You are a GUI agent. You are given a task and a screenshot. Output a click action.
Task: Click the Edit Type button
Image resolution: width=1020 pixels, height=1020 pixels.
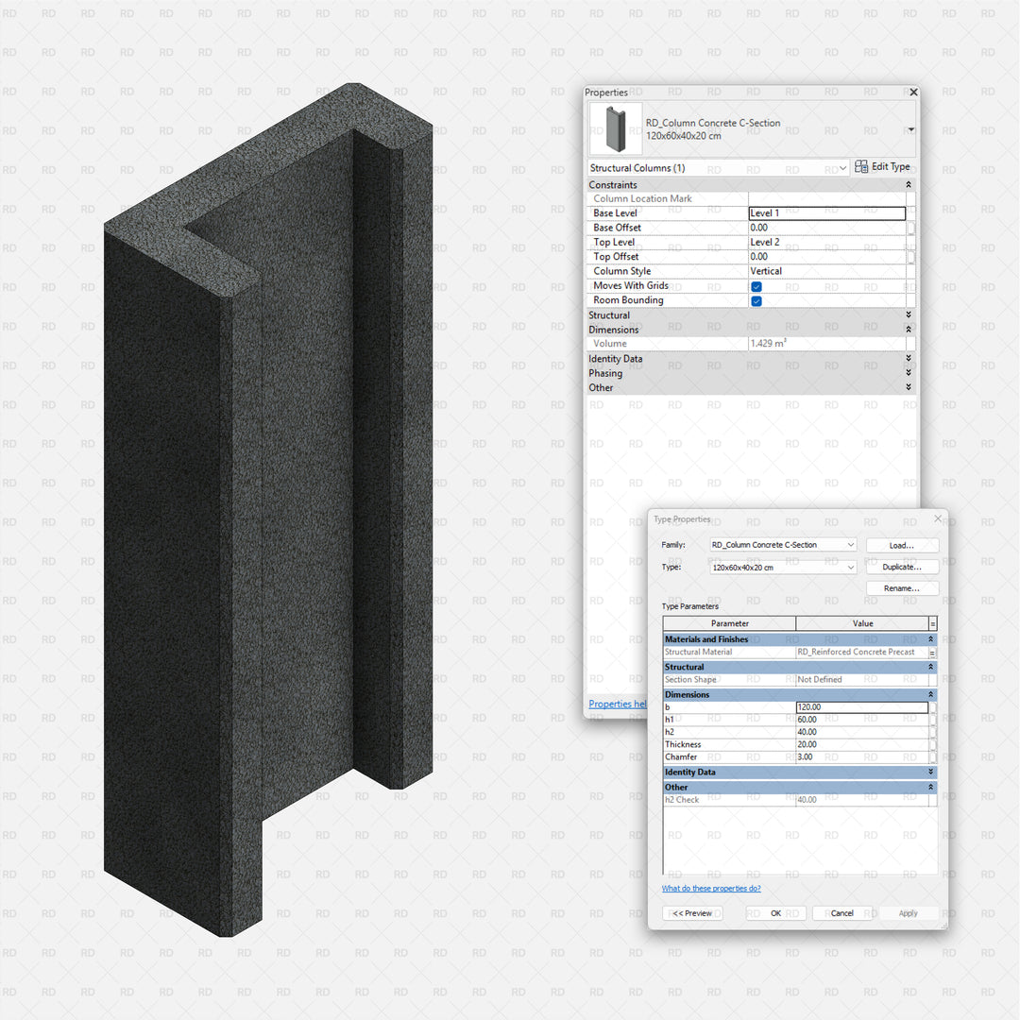[x=882, y=166]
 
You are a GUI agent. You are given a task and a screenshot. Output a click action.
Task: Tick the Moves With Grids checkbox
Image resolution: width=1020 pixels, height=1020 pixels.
[x=756, y=286]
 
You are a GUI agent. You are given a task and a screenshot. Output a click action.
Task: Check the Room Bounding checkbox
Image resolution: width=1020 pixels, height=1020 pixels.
[x=756, y=300]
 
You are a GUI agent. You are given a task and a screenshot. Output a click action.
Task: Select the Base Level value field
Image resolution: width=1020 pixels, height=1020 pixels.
[x=826, y=213]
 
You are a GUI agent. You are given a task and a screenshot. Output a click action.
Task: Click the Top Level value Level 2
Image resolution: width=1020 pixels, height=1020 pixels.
[x=764, y=242]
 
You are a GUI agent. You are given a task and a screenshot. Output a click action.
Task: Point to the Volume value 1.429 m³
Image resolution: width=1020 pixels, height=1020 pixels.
[x=768, y=343]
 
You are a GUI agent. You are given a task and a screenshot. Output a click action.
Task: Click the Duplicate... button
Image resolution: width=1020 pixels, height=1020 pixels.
[x=902, y=567]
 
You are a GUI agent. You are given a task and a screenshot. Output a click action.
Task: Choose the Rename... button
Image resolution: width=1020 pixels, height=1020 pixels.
[x=902, y=588]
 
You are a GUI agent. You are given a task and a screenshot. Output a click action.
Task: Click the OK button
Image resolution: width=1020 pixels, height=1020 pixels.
[x=776, y=913]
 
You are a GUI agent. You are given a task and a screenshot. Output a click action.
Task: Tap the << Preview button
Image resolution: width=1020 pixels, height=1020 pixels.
[x=692, y=913]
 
